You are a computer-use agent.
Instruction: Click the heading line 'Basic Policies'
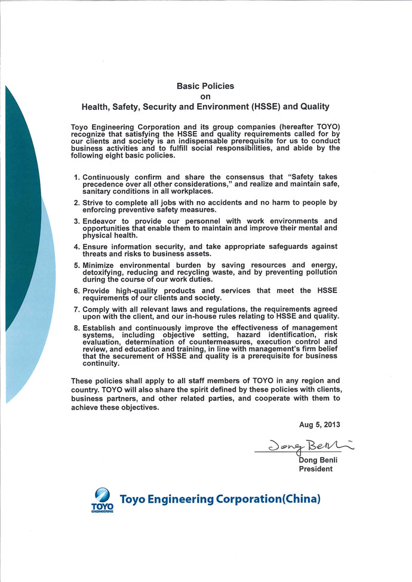point(205,86)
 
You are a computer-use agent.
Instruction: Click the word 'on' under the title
point(205,96)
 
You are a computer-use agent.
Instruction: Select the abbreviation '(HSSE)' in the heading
point(262,107)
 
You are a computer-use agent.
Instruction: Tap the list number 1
point(76,177)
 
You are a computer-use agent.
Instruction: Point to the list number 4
point(76,247)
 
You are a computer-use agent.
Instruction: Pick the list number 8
point(76,328)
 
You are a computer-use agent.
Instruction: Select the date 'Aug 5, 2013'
point(319,424)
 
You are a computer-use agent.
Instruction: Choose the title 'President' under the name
point(316,469)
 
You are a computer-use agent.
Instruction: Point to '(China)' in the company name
point(297,498)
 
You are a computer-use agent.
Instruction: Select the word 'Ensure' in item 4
point(96,247)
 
